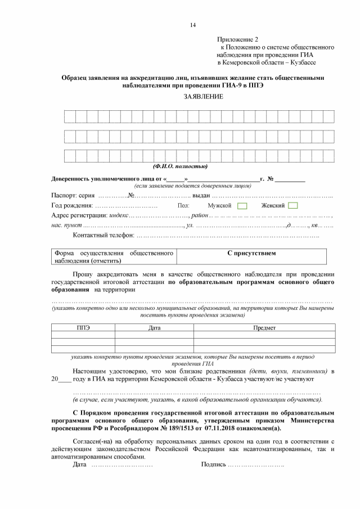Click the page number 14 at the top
tap(192, 25)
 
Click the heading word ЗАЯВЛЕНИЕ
tap(203, 97)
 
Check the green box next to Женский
tap(292, 206)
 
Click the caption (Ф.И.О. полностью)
tap(180, 166)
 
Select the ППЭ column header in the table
tap(83, 327)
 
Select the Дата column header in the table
tap(154, 327)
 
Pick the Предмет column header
tap(264, 327)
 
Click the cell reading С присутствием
tap(251, 254)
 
